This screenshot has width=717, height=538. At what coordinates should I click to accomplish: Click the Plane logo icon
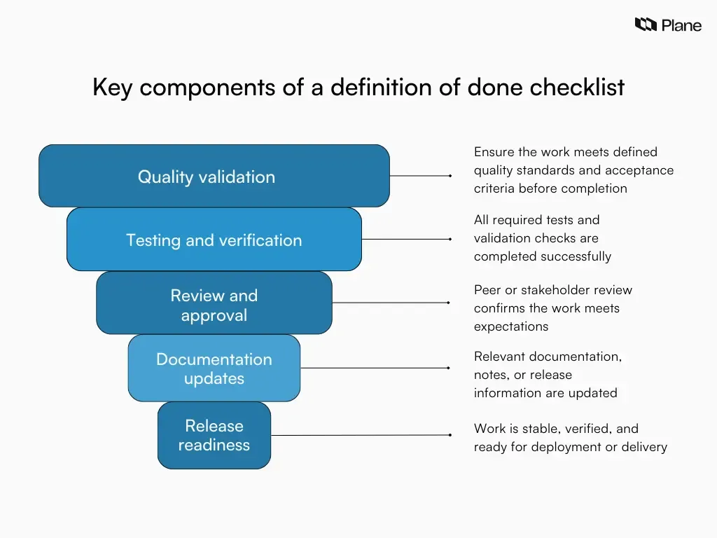646,25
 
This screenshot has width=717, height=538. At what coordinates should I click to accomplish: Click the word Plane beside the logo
681,25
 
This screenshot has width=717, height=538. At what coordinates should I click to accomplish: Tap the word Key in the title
112,88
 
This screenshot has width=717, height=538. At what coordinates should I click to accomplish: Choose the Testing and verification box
214,240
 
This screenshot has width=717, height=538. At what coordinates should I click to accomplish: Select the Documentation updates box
214,368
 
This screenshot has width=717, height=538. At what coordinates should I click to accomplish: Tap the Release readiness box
214,435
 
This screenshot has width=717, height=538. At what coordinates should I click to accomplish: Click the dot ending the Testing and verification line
450,239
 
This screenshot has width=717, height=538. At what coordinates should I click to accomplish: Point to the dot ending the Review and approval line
448,303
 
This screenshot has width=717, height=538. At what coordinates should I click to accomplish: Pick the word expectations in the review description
511,326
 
